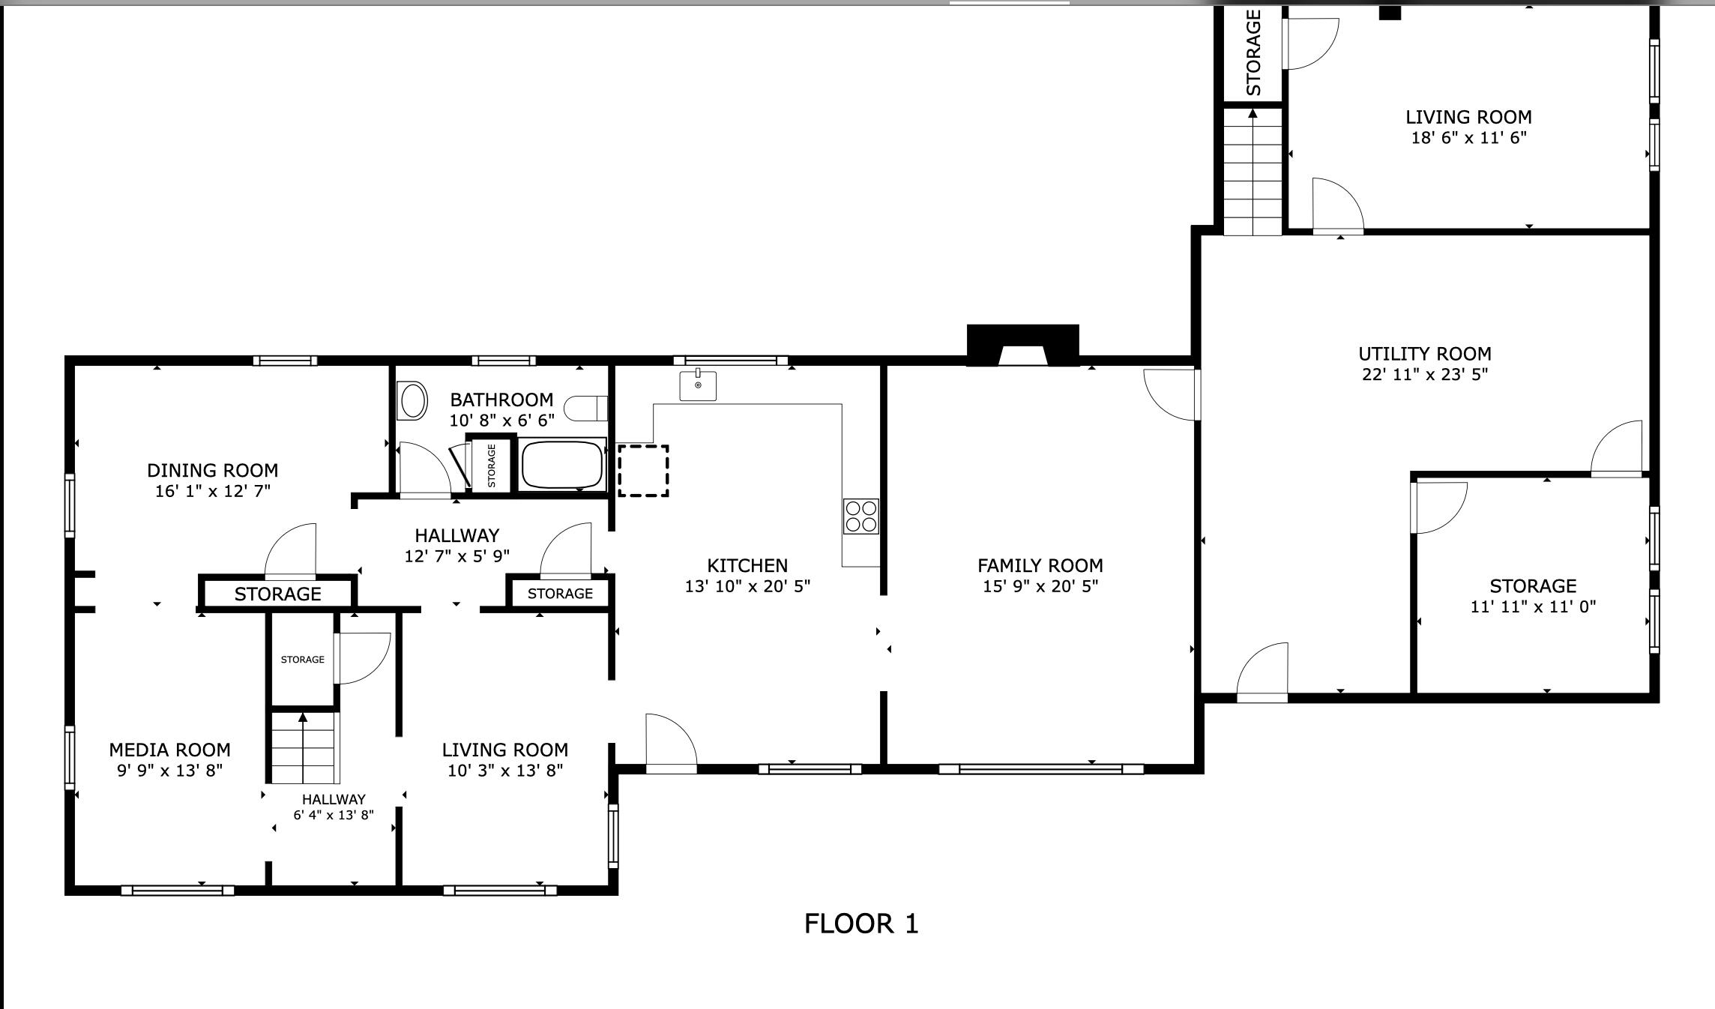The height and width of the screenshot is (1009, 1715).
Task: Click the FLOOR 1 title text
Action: click(861, 924)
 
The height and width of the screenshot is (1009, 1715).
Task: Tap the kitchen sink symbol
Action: click(698, 385)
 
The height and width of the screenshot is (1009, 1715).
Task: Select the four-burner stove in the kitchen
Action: click(861, 516)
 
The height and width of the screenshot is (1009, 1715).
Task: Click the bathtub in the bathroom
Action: click(562, 465)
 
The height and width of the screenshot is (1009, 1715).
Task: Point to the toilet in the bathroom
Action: click(586, 409)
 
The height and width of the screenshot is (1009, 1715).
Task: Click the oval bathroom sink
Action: click(413, 400)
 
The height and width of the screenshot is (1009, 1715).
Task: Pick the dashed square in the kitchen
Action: click(643, 470)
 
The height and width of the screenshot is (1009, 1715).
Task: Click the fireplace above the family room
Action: click(1022, 346)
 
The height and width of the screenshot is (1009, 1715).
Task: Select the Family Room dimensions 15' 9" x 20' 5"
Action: click(1040, 586)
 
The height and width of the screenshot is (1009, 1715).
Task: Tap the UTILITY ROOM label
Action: click(1425, 354)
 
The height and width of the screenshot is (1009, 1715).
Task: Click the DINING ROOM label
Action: click(213, 471)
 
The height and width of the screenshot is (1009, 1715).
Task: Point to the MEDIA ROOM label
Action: click(170, 750)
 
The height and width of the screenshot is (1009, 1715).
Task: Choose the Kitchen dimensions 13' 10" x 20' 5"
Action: click(747, 586)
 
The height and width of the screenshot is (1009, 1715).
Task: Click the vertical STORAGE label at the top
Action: click(1254, 52)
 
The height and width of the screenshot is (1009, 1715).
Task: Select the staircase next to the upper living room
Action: click(1253, 172)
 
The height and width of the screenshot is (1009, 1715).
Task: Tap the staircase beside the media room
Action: click(303, 748)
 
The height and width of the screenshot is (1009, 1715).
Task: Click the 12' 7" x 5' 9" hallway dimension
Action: click(457, 556)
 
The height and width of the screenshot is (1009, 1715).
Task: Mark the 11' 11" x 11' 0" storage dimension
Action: click(1533, 606)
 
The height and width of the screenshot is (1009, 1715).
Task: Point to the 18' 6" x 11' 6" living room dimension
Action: click(1468, 138)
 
